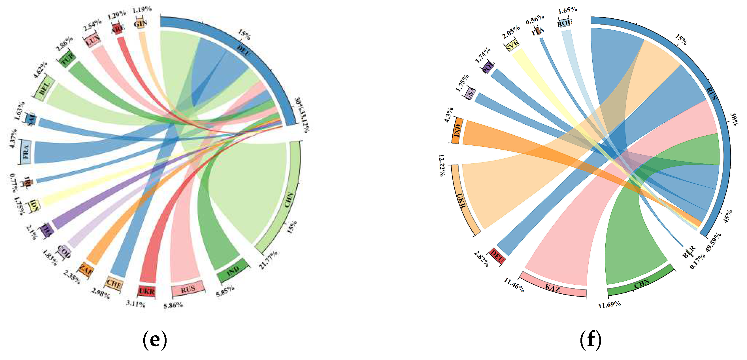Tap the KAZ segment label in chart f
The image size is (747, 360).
tap(553, 288)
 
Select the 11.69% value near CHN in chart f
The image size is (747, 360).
tap(610, 305)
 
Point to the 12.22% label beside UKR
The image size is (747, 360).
tap(442, 165)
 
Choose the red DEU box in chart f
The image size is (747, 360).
tap(497, 256)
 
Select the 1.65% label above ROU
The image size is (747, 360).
tap(567, 10)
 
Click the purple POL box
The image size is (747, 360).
tap(488, 68)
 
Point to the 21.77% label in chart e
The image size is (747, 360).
tap(268, 260)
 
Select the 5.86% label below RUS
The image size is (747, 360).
tap(173, 305)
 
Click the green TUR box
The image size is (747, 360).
tap(67, 59)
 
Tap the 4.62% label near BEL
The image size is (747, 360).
tap(40, 70)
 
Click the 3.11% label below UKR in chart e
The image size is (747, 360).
tap(136, 304)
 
